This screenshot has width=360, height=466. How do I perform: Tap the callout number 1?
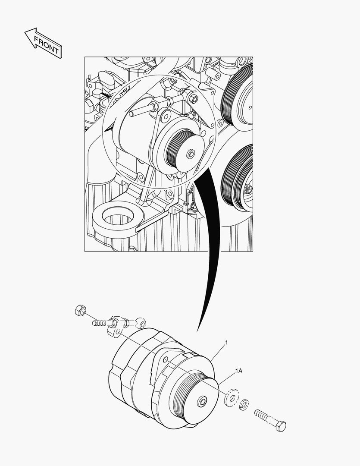226,343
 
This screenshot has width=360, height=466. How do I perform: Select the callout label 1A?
238,371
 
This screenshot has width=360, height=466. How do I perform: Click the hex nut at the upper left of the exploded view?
80,309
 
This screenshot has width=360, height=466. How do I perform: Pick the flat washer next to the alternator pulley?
232,397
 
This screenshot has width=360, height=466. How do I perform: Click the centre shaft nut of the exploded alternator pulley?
202,402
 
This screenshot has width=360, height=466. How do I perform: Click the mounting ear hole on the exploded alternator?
165,359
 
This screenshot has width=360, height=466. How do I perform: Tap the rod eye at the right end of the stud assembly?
141,322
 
